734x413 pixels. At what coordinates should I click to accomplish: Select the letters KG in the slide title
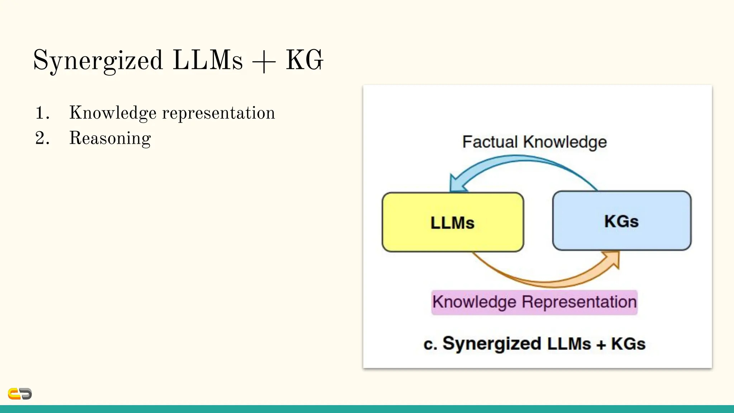tap(304, 60)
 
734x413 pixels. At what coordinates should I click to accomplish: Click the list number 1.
tap(42, 113)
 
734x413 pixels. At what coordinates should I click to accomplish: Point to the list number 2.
tap(42, 138)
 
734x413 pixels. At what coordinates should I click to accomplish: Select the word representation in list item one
tap(219, 113)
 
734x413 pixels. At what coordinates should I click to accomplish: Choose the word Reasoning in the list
tap(110, 138)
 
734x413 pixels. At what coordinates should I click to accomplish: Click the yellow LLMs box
tap(453, 222)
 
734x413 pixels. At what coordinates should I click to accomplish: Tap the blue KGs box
tap(621, 221)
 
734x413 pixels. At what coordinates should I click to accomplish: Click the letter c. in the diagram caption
tap(430, 344)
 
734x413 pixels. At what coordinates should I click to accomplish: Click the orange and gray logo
tap(20, 394)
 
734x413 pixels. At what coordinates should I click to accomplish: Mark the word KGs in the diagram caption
tap(628, 344)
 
